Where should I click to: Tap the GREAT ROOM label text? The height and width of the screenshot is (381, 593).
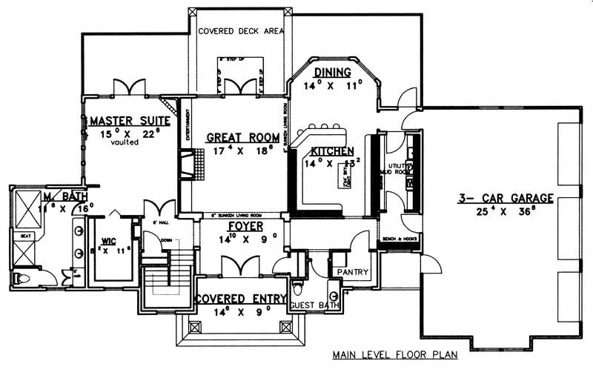click(242, 137)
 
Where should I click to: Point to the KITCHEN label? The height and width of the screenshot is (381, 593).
click(332, 150)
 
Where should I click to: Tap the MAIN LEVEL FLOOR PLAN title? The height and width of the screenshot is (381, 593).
click(394, 354)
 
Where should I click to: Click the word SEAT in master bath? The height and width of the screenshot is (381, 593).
click(26, 236)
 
